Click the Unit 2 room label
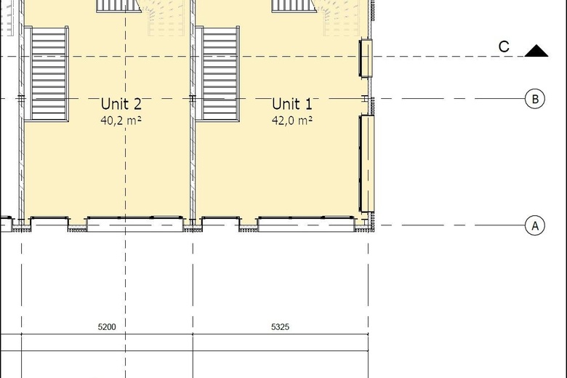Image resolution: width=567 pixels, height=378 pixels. point(121,104)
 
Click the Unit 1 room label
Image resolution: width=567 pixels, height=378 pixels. point(292,104)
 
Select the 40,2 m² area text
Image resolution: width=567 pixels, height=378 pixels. point(121,120)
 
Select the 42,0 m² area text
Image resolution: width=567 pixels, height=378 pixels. point(292,120)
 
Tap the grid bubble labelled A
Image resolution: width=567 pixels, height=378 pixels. point(534,225)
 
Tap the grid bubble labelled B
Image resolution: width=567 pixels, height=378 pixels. point(534,99)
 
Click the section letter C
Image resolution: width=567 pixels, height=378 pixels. point(504,47)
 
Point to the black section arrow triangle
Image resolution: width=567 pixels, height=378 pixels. point(536,51)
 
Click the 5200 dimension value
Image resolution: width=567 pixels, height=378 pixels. point(107,327)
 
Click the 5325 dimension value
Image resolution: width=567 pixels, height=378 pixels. point(280,327)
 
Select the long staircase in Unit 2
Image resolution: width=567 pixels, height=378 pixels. point(49,73)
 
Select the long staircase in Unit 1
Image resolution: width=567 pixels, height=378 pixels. point(220,73)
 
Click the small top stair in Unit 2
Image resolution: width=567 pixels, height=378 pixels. point(118,6)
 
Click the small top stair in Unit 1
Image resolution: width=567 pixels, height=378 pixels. point(294,6)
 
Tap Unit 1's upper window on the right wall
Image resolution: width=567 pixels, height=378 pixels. point(366,57)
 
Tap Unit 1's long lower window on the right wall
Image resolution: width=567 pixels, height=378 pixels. point(366,164)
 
